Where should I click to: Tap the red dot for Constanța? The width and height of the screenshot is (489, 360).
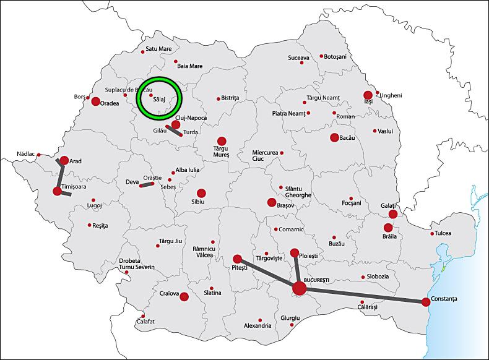click(x=426, y=302)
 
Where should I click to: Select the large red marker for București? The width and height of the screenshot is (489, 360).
click(x=299, y=288)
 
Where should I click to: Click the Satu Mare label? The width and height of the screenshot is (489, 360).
click(x=158, y=48)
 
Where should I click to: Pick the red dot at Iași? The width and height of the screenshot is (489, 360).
click(x=368, y=95)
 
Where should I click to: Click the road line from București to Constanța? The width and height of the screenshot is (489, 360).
click(x=365, y=295)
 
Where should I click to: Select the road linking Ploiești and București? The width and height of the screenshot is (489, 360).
click(x=296, y=270)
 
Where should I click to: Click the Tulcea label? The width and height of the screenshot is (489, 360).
click(x=443, y=233)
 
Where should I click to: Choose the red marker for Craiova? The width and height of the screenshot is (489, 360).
click(x=184, y=296)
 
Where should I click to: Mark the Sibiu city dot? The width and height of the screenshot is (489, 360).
click(x=201, y=193)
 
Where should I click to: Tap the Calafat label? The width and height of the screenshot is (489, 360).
click(x=145, y=321)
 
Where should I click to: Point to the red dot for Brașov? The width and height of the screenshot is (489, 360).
click(x=271, y=202)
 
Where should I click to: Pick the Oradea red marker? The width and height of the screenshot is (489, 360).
click(x=96, y=101)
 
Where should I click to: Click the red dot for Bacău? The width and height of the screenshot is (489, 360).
click(x=334, y=137)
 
